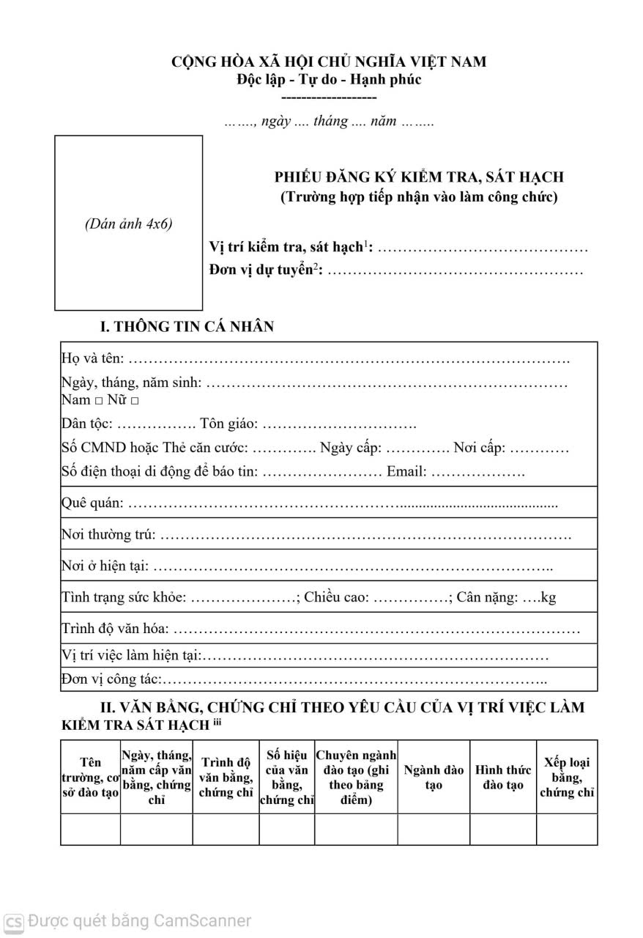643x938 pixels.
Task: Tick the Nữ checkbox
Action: [135, 402]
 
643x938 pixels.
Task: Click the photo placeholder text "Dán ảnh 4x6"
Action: [128, 224]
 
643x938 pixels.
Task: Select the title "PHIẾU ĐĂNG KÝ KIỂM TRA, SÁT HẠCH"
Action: [419, 177]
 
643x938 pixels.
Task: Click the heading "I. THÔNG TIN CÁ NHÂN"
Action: [187, 327]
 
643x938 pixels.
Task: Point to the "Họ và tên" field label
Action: [92, 359]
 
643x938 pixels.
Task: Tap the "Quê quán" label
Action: [92, 503]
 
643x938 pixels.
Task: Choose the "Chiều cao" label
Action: [336, 597]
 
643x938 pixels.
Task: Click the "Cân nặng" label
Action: [486, 597]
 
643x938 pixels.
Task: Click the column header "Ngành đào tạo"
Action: [434, 778]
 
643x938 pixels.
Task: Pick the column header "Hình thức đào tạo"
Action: [503, 778]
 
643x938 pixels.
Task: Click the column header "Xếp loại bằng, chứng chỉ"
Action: [567, 778]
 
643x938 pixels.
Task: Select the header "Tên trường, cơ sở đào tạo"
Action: [91, 778]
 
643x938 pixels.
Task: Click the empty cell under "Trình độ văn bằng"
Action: [226, 830]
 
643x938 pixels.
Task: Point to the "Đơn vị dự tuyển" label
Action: [264, 271]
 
